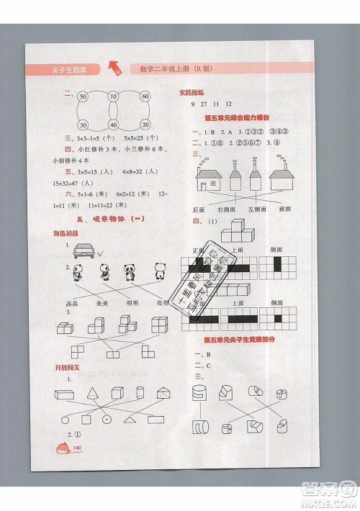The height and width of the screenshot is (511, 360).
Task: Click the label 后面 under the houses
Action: [x=199, y=209]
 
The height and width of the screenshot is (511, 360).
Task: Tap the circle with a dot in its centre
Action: [x=107, y=418]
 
